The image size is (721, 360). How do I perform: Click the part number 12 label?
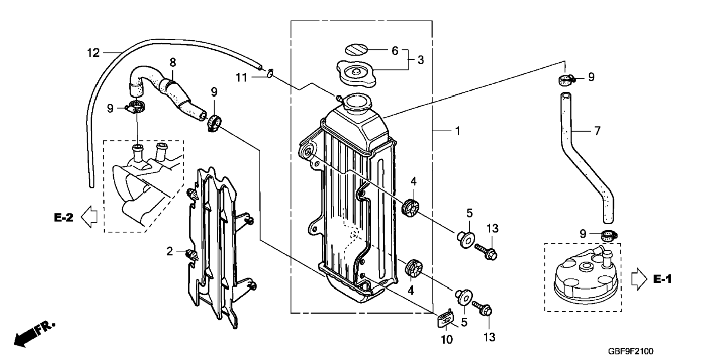click(x=93, y=53)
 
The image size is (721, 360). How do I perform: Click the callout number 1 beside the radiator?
click(x=457, y=131)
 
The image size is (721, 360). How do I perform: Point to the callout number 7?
click(x=597, y=131)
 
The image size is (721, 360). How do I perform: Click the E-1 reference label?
click(x=662, y=279)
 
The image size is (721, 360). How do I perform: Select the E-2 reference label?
click(x=64, y=218)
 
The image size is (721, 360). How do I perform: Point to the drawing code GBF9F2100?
click(x=630, y=351)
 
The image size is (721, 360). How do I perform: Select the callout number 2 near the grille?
click(x=170, y=252)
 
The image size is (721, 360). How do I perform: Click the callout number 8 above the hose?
click(x=173, y=62)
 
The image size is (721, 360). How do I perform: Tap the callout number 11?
click(x=241, y=78)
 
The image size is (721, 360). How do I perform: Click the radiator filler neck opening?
click(x=357, y=101)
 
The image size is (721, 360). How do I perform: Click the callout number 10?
click(x=447, y=339)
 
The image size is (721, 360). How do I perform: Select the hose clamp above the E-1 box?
click(x=609, y=235)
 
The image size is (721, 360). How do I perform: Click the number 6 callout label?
click(x=395, y=51)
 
